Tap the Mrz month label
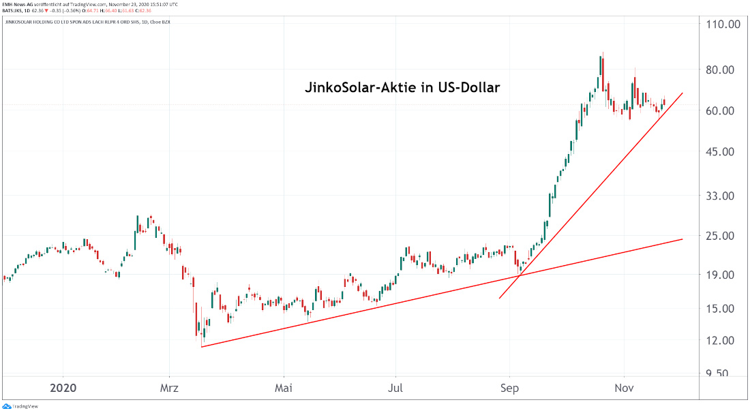coord(170,388)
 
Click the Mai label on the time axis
coord(283,388)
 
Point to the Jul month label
coord(395,388)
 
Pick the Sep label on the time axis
coord(509,388)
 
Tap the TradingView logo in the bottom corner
coord(20,407)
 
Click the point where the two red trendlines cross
coord(520,275)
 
